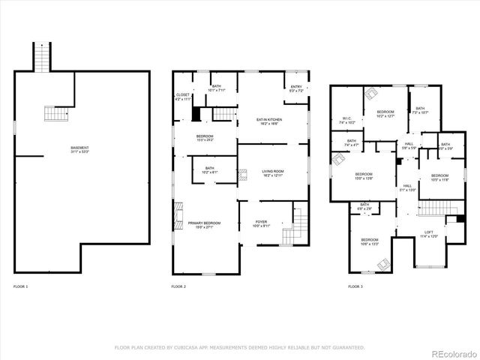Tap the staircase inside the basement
click(x=55, y=113)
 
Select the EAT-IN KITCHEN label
click(x=268, y=121)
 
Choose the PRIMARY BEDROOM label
click(x=204, y=225)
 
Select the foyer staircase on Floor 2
click(x=299, y=226)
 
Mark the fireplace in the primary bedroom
click(x=178, y=215)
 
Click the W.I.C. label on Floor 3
click(x=347, y=119)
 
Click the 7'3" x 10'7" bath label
click(x=419, y=111)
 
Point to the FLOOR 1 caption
click(x=20, y=287)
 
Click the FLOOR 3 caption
click(x=355, y=287)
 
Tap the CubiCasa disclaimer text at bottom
click(x=239, y=347)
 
